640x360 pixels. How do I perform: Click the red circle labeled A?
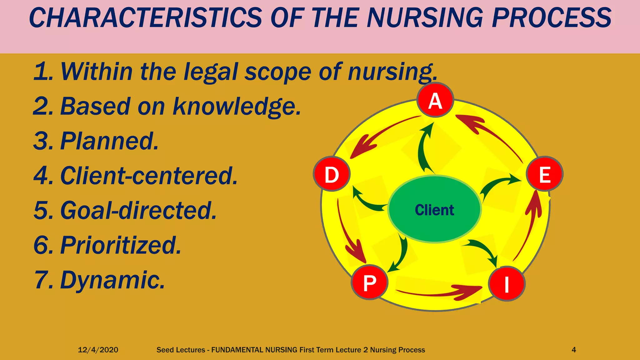pos(435,100)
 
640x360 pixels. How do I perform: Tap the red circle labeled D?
pos(332,174)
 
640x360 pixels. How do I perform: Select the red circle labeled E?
pos(545,174)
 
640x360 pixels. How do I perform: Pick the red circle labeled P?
pos(369,282)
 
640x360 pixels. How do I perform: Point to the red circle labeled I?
pos(507,284)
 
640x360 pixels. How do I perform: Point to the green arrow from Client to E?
pos(497,186)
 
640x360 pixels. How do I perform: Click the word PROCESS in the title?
pos(552,18)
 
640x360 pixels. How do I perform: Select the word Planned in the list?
pos(109,141)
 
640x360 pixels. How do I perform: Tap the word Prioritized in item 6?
pos(121,245)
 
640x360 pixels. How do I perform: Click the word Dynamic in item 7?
pos(112,280)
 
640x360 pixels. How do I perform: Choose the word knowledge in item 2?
pos(237,106)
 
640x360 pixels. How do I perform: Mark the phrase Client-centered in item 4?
pos(149,176)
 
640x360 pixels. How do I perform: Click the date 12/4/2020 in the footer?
pos(98,350)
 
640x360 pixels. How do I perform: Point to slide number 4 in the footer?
pos(574,350)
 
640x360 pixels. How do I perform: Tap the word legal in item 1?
pos(211,72)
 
